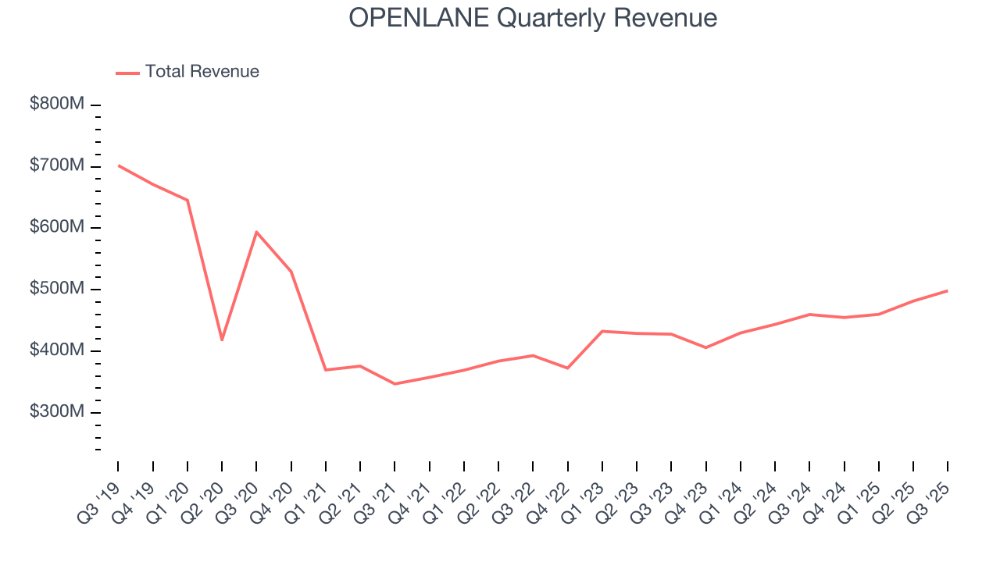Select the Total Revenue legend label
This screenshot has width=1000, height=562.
[202, 72]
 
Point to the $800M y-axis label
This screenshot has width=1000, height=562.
[56, 105]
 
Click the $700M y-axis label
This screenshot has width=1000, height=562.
[56, 166]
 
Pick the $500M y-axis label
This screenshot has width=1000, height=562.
[56, 290]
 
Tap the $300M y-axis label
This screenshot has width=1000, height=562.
[56, 412]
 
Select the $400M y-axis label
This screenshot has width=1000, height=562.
[56, 351]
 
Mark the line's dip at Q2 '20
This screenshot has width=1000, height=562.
[222, 340]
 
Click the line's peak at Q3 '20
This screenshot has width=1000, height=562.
[256, 232]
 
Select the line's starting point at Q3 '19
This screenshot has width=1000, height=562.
[119, 165]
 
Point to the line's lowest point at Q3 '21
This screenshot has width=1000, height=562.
[395, 384]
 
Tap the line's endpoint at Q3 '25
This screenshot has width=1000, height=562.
[947, 290]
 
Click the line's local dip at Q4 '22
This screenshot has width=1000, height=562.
[567, 368]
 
